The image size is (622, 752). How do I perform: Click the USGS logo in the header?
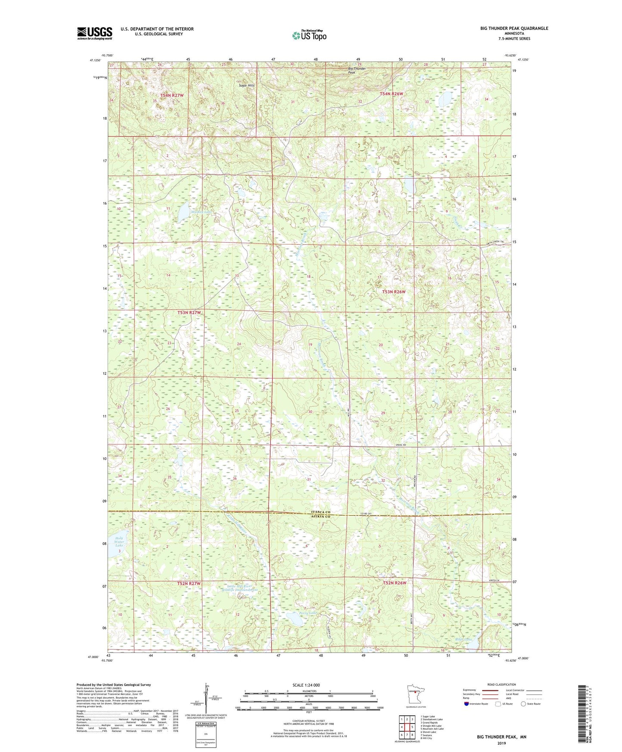pyautogui.click(x=95, y=33)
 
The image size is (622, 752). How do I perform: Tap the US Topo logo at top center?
pyautogui.click(x=309, y=35)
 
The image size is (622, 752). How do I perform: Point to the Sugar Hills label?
pyautogui.click(x=247, y=85)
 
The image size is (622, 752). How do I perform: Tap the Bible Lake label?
pyautogui.click(x=463, y=639)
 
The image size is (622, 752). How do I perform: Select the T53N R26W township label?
pyautogui.click(x=394, y=292)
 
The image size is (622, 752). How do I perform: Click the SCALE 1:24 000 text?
pyautogui.click(x=306, y=685)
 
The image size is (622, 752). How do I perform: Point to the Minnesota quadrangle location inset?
pyautogui.click(x=415, y=693)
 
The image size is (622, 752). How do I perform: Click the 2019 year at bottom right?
pyautogui.click(x=501, y=743)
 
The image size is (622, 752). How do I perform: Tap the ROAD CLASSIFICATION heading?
pyautogui.click(x=501, y=684)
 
